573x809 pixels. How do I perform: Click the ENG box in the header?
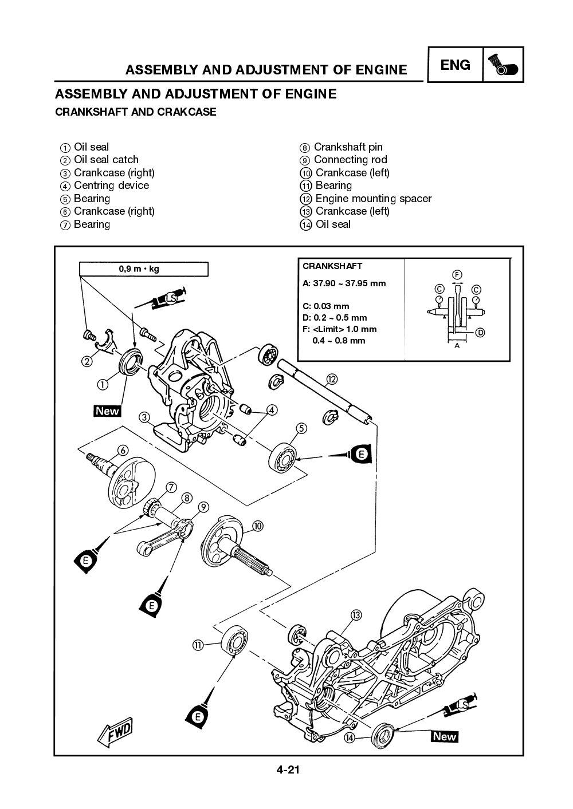(x=456, y=65)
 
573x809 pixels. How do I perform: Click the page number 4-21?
(x=286, y=770)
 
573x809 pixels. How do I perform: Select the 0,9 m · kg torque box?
(x=143, y=269)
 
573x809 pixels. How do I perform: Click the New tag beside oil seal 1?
(x=107, y=411)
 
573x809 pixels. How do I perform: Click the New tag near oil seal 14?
(x=445, y=737)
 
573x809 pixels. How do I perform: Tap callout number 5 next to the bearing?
(x=301, y=428)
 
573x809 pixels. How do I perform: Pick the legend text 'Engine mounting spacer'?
(x=373, y=199)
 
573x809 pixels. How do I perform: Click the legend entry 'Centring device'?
(x=111, y=186)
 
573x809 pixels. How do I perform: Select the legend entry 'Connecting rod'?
(x=350, y=160)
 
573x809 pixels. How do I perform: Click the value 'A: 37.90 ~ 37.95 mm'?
(x=344, y=283)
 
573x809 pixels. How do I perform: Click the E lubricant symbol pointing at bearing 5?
(x=360, y=454)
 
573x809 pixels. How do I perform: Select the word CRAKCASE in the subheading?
(x=189, y=112)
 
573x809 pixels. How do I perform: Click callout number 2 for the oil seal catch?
(x=87, y=361)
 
